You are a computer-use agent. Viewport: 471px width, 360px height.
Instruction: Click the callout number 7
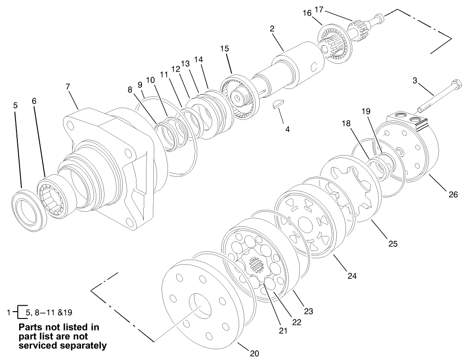68,86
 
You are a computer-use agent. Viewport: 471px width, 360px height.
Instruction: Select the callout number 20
255,353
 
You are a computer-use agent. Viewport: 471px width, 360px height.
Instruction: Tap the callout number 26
453,194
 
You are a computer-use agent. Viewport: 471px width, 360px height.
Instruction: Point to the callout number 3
415,81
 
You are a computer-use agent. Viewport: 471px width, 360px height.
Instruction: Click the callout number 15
224,48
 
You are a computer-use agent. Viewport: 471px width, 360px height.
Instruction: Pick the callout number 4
287,129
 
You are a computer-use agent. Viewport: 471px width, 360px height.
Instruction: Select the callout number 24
351,276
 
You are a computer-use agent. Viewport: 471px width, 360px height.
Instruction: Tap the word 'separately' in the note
82,345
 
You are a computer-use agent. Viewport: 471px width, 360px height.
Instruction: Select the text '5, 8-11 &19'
48,313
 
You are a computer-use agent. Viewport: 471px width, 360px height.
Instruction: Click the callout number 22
297,322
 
